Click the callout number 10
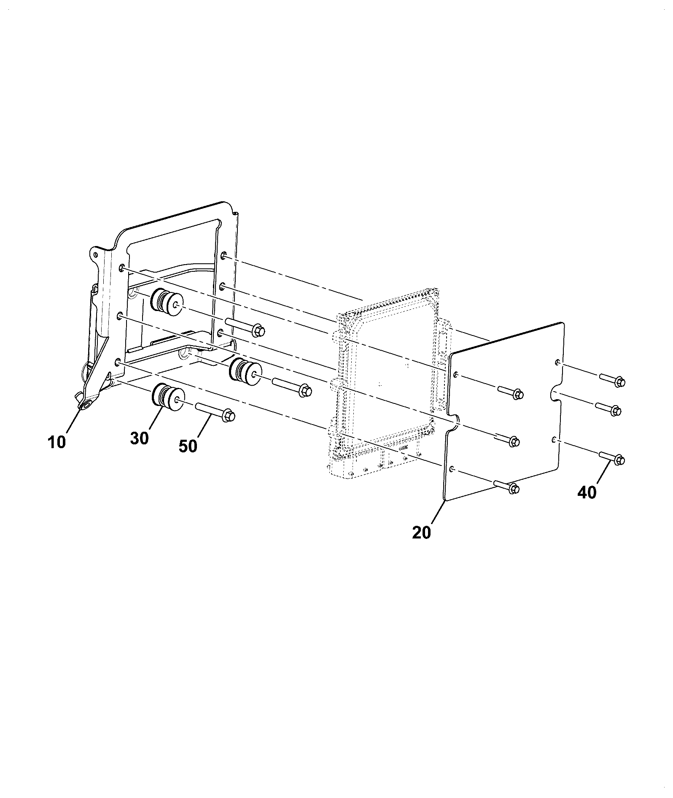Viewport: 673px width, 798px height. (x=57, y=442)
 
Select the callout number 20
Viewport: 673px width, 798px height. (x=422, y=533)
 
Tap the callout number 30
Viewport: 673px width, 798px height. (x=139, y=438)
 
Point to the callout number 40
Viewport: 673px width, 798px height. (x=587, y=492)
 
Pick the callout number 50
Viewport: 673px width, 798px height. (x=188, y=446)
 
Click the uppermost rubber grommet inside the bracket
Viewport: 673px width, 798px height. (x=167, y=303)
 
